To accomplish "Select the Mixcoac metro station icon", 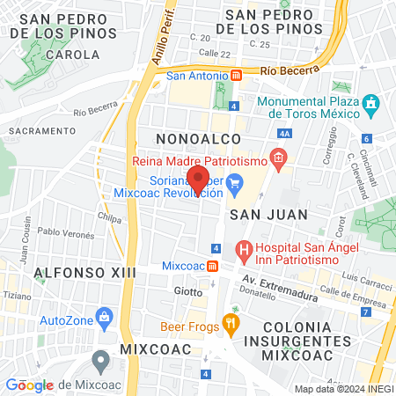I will click(213, 266).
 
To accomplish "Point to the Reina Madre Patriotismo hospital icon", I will click(278, 160).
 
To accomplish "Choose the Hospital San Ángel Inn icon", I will click(245, 251).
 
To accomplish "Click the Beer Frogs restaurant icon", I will click(231, 324).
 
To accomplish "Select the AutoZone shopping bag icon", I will click(105, 315).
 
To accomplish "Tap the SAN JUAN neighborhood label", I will click(268, 214).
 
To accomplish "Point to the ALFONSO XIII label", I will click(84, 273).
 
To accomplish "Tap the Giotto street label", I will click(187, 290).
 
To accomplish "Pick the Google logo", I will click(30, 385).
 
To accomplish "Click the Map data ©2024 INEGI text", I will click(343, 389).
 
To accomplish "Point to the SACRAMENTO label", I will click(42, 130).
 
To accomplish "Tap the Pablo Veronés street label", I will click(65, 232).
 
